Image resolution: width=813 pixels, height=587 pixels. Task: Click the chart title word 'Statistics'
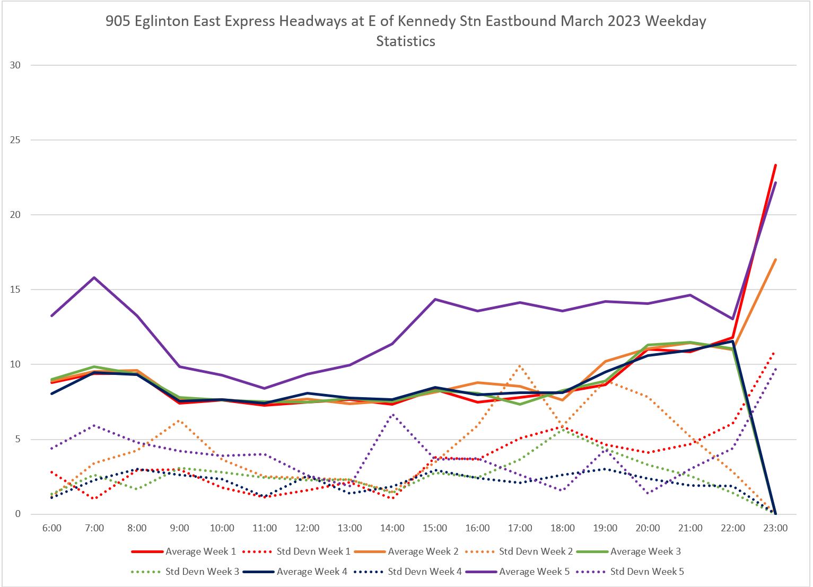(x=406, y=41)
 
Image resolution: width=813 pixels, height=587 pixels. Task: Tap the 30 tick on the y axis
(x=15, y=65)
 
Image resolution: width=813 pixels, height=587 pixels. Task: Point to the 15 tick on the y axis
(x=15, y=290)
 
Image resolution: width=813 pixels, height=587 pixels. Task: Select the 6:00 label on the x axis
(x=51, y=528)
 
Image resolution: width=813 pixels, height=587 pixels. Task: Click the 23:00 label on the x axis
(x=775, y=528)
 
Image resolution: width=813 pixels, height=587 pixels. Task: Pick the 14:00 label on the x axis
(x=392, y=528)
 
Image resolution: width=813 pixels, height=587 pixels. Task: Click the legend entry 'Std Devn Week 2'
(x=536, y=551)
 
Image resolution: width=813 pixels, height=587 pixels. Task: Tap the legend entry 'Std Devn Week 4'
(x=424, y=572)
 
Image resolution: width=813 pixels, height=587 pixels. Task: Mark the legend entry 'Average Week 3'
(x=645, y=551)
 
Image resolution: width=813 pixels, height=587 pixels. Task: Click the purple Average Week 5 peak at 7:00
(x=94, y=277)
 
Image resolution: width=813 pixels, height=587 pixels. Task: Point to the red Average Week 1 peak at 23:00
(x=775, y=165)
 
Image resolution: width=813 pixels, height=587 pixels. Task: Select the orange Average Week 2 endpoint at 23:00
(x=775, y=259)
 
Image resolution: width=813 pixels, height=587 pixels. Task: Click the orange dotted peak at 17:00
(x=520, y=365)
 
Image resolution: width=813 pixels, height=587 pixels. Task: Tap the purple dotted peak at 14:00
(x=392, y=415)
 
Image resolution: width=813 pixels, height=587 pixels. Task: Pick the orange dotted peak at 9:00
(x=179, y=420)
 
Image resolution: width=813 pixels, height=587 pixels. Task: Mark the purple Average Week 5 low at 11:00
(x=264, y=388)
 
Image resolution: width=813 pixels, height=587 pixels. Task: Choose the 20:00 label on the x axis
(x=648, y=528)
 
